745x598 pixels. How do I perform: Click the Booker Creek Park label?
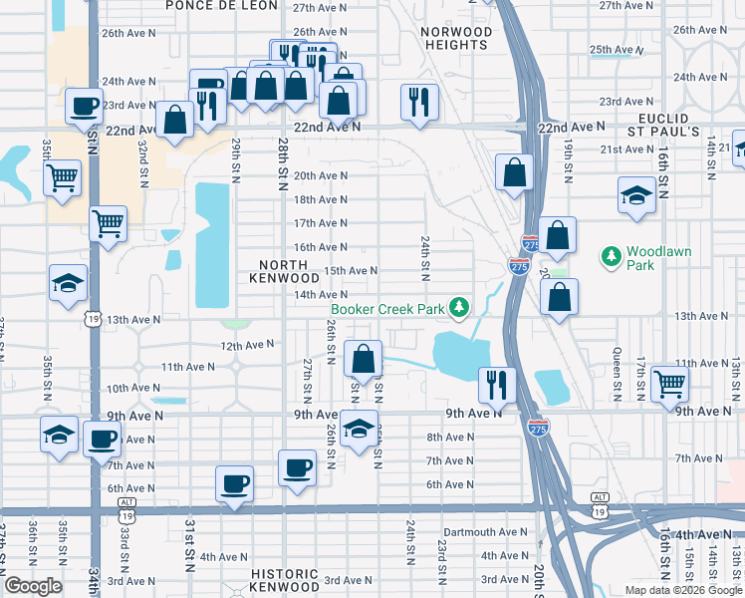click(387, 309)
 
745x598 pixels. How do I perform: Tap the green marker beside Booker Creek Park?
click(458, 308)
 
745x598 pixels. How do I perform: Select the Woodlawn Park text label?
click(653, 259)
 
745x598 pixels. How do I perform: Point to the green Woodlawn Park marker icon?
click(611, 257)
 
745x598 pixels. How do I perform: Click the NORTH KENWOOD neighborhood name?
click(289, 271)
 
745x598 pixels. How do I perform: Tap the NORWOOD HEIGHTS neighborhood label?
click(456, 39)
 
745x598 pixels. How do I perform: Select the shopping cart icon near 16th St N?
click(669, 382)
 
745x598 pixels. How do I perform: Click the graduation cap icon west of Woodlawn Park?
click(636, 194)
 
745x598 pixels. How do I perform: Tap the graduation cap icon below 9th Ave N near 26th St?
click(359, 429)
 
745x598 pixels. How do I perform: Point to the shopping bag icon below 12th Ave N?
click(364, 358)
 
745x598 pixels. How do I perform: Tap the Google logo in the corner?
click(33, 586)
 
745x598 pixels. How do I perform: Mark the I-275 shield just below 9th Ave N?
click(538, 429)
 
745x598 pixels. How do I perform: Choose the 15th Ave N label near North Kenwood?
click(352, 270)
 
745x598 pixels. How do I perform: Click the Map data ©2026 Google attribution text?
click(683, 590)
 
